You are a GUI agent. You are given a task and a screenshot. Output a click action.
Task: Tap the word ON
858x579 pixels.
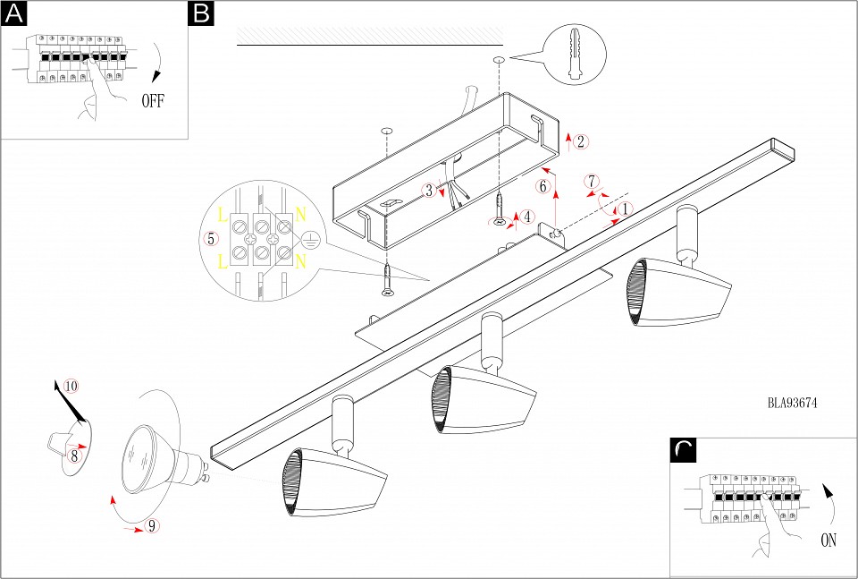tap(829, 541)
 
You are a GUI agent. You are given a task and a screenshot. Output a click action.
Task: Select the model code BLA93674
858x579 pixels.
tap(792, 403)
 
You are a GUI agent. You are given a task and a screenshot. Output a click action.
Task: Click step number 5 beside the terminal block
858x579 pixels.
tap(211, 239)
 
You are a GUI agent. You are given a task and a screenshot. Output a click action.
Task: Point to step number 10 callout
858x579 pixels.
tap(71, 386)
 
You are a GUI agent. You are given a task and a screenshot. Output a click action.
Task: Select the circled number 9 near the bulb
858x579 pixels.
tap(153, 526)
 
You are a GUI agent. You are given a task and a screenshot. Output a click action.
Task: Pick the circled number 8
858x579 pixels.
tap(75, 456)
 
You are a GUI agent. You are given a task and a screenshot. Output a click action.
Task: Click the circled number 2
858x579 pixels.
tap(581, 141)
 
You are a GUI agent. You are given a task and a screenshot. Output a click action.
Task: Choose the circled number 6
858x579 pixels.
tap(543, 186)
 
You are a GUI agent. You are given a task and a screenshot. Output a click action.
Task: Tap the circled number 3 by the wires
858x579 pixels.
tap(429, 190)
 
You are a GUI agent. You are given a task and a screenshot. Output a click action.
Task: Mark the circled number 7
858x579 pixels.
tap(592, 179)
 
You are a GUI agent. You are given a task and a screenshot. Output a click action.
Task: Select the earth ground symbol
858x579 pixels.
tap(308, 239)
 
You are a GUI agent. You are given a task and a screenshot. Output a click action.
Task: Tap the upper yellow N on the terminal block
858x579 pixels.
tap(301, 216)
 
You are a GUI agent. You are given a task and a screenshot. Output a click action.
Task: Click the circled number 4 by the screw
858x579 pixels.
tap(528, 217)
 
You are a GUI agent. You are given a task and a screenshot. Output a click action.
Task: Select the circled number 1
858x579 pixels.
tap(626, 208)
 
